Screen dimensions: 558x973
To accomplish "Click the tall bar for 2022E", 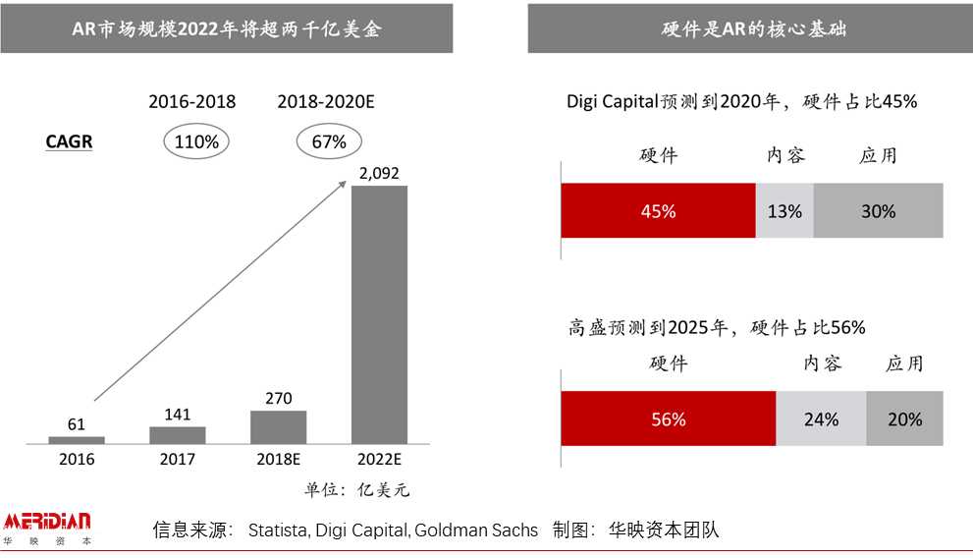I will click(x=379, y=314).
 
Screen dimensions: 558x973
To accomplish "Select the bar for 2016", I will click(x=77, y=439).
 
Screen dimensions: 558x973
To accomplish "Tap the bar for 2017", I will click(x=178, y=434).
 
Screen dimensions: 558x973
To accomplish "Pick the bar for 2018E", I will click(x=278, y=426).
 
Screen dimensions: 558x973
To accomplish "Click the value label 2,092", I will click(x=379, y=174).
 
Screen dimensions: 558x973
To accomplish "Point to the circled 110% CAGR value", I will click(x=196, y=141).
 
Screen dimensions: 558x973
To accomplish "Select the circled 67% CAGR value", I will click(x=329, y=141).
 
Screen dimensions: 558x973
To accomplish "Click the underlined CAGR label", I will click(x=69, y=141).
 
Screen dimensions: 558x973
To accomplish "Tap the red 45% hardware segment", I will click(x=658, y=210).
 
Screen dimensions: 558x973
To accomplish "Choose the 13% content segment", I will click(x=784, y=210).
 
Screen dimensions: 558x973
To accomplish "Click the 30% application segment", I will click(x=878, y=210).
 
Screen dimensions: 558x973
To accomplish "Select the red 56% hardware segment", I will click(x=668, y=418).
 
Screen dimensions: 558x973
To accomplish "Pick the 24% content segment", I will click(x=821, y=418).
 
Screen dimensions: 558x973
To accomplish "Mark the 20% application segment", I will click(x=904, y=418).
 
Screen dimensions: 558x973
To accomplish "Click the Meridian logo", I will click(x=47, y=527).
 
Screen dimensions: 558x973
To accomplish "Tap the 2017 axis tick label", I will click(x=178, y=459).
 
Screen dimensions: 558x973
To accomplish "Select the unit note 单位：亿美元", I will click(x=354, y=489).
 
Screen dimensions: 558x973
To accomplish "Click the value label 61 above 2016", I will click(x=77, y=423).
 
